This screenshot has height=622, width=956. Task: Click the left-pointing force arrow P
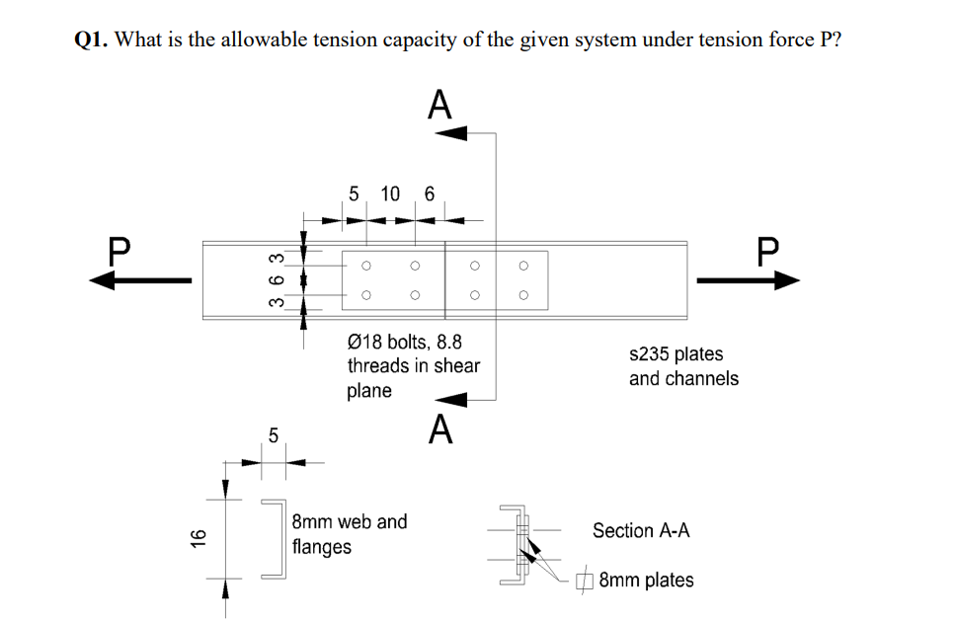(138, 281)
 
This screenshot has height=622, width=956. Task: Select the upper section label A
(439, 104)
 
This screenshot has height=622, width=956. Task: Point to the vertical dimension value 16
(198, 538)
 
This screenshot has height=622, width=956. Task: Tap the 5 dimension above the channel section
(274, 434)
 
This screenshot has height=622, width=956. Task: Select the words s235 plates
(676, 353)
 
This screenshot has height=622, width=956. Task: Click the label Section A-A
(641, 530)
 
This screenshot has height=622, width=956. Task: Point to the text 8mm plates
(646, 580)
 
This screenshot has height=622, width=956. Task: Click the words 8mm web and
(350, 521)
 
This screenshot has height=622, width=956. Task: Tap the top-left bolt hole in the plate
(366, 265)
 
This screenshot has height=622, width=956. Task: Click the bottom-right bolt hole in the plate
(523, 294)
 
